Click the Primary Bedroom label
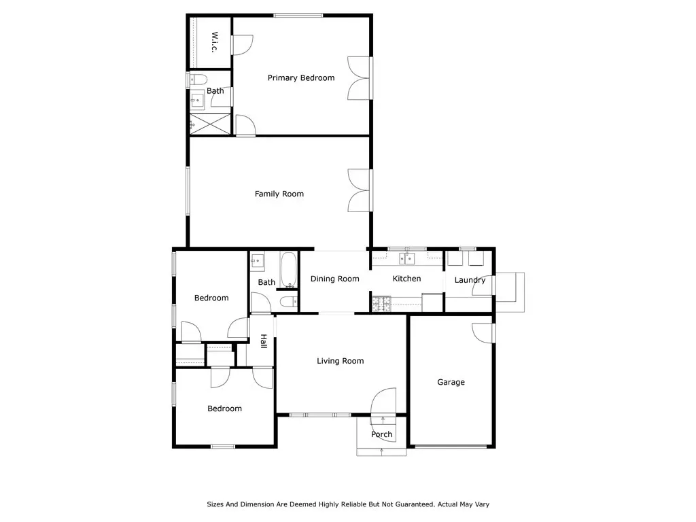pyautogui.click(x=301, y=78)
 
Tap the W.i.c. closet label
pyautogui.click(x=215, y=41)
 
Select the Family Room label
pyautogui.click(x=279, y=194)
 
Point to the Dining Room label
pyautogui.click(x=334, y=279)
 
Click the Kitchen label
pyautogui.click(x=406, y=278)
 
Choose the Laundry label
pyautogui.click(x=470, y=280)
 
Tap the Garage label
pyautogui.click(x=451, y=382)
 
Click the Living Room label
pyautogui.click(x=341, y=362)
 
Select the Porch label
pyautogui.click(x=382, y=434)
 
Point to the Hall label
pyautogui.click(x=264, y=341)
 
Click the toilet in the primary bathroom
pyautogui.click(x=198, y=80)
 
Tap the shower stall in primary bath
pyautogui.click(x=210, y=124)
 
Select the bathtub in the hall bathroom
pyautogui.click(x=288, y=270)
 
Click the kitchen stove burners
pyautogui.click(x=381, y=304)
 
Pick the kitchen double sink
pyautogui.click(x=406, y=258)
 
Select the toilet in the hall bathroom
pyautogui.click(x=289, y=302)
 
